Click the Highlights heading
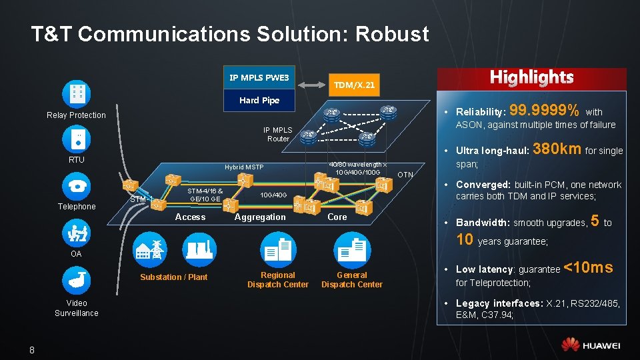(531, 77)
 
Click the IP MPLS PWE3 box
(259, 78)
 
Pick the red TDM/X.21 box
(354, 85)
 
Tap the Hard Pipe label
(259, 101)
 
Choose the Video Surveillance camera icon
(76, 281)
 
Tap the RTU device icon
(76, 138)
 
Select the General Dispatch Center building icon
(351, 251)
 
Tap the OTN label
(405, 175)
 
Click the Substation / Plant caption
(173, 277)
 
